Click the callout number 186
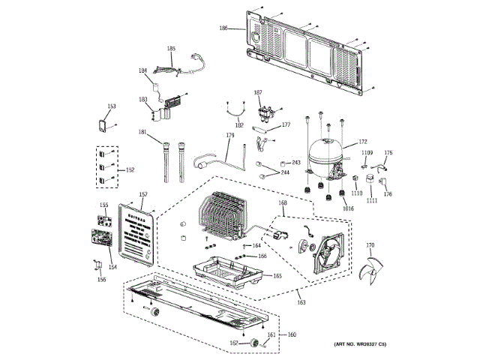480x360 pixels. pyautogui.click(x=223, y=28)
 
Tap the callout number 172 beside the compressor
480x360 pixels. pyautogui.click(x=363, y=141)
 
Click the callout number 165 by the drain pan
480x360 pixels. pyautogui.click(x=277, y=276)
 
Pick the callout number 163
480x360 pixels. pyautogui.click(x=301, y=302)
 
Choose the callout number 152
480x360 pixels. pyautogui.click(x=130, y=170)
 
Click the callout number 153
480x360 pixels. pyautogui.click(x=111, y=106)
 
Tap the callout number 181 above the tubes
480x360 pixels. pyautogui.click(x=142, y=133)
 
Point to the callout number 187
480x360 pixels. pyautogui.click(x=258, y=92)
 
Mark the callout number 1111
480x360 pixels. pyautogui.click(x=373, y=201)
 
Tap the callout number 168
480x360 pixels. pyautogui.click(x=283, y=203)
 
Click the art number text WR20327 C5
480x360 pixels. pyautogui.click(x=356, y=343)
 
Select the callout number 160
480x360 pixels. pyautogui.click(x=292, y=334)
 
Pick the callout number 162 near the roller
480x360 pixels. pyautogui.click(x=233, y=343)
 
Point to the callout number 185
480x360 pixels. pyautogui.click(x=171, y=49)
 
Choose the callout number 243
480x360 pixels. pyautogui.click(x=295, y=163)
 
